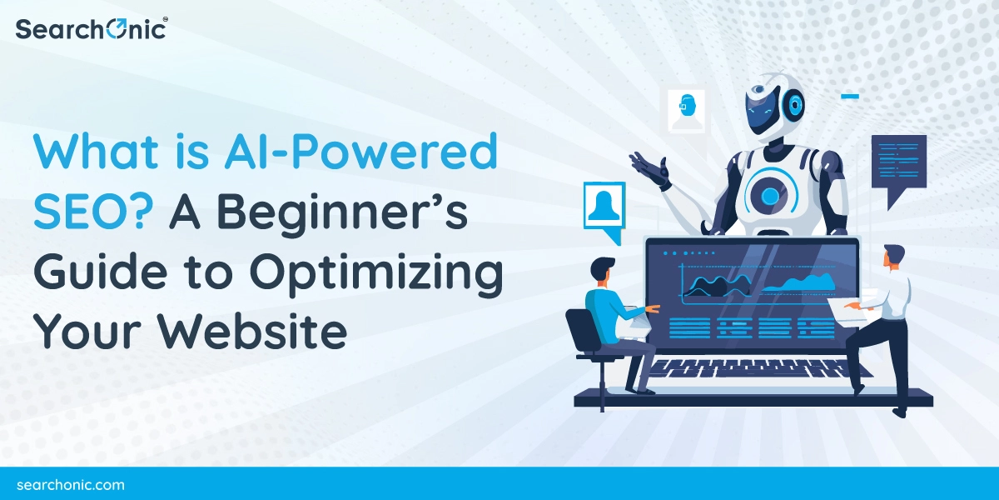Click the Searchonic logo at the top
[92, 29]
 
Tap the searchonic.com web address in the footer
[71, 485]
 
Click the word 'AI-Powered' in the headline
[360, 151]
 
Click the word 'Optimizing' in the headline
[376, 273]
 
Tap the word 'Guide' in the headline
[101, 271]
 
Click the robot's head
[774, 107]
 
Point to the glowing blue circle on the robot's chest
[769, 196]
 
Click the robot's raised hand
[651, 170]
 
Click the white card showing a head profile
[686, 111]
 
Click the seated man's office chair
[593, 352]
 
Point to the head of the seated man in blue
[603, 272]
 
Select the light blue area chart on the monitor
[798, 283]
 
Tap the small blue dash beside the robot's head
[850, 96]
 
